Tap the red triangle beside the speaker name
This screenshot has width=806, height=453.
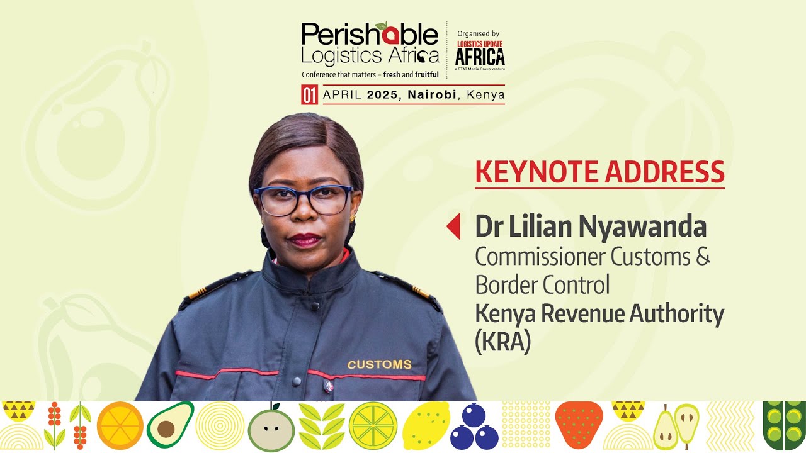pos(453,226)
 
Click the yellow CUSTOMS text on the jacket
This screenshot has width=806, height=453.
pos(379,364)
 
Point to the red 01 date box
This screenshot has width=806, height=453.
pos(309,95)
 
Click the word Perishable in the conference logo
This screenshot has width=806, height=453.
pos(370,35)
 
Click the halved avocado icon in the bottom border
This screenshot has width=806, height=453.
pos(169,425)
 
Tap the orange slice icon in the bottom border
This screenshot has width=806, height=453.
pos(120,425)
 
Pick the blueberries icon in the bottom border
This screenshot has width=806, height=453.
pos(475,427)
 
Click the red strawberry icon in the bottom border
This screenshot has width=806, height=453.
pos(579,425)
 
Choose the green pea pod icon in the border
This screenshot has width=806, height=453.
pos(784,425)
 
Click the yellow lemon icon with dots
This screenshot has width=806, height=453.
pos(426,425)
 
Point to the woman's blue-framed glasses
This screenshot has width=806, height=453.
pos(304,200)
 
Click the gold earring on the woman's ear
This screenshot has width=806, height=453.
pos(352,218)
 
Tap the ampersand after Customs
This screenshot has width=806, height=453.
pos(702,257)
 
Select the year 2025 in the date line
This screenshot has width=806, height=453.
pos(384,95)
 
